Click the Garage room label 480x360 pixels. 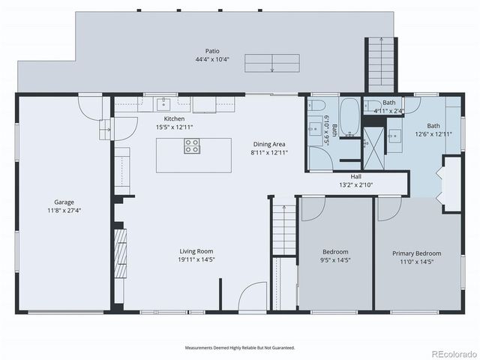(x=64, y=202)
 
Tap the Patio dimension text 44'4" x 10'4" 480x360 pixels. (x=212, y=59)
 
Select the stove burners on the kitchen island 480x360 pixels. (x=192, y=145)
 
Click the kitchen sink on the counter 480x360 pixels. (x=164, y=104)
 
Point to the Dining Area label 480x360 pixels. (x=269, y=144)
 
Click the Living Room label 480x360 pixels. (x=196, y=251)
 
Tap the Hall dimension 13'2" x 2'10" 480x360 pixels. (x=355, y=185)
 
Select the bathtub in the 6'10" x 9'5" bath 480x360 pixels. (x=349, y=117)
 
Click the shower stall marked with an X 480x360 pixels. (x=373, y=148)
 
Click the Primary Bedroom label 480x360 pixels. (x=417, y=253)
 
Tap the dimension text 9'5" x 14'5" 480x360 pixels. (x=335, y=260)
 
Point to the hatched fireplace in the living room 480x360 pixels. (x=120, y=253)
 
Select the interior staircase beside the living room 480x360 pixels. (x=284, y=229)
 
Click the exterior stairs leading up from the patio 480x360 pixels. (x=381, y=64)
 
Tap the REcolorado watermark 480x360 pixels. (x=454, y=354)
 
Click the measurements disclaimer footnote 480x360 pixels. (x=240, y=348)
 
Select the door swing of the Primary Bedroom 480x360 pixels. (x=389, y=208)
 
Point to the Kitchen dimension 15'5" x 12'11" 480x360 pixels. (x=174, y=127)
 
